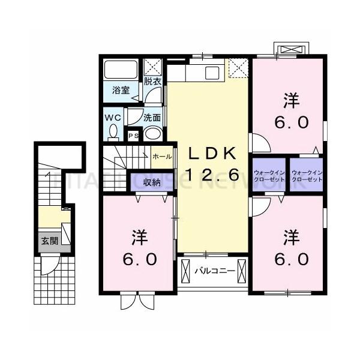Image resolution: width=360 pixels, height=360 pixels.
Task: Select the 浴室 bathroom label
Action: coord(121,91)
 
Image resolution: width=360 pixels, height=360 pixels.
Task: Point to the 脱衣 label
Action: coord(151,82)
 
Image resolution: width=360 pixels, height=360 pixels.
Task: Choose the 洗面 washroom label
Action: coord(151,118)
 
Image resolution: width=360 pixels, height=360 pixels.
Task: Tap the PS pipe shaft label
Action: coord(134,136)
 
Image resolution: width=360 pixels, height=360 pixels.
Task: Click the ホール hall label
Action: coord(161,156)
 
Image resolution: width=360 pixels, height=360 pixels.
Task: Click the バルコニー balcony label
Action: coord(214,271)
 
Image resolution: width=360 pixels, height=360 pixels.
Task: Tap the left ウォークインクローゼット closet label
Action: coord(270,176)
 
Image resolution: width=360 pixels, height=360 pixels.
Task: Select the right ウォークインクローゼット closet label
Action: coord(307,176)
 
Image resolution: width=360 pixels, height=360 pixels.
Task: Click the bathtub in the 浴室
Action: coord(121,71)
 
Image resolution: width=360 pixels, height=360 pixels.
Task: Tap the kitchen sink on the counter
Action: coord(212,73)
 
